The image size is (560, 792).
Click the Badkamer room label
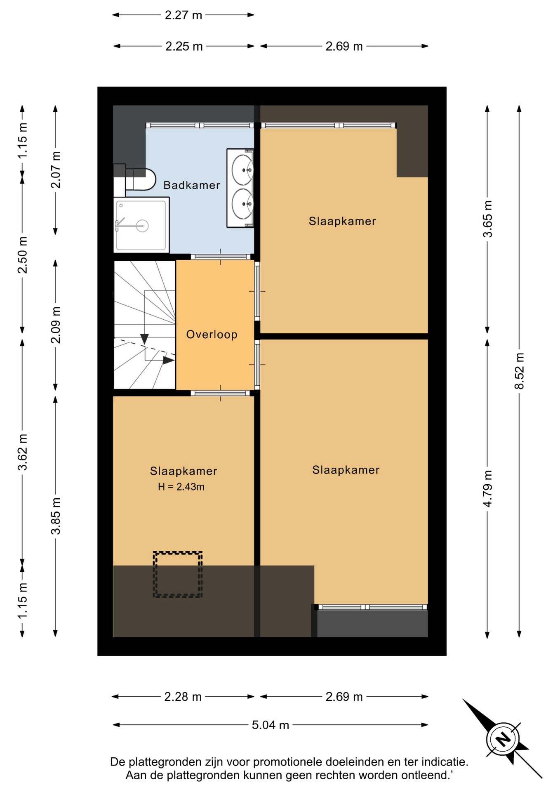pos(192,185)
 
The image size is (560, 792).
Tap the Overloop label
pos(212,335)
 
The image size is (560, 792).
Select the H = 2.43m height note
pos(181,487)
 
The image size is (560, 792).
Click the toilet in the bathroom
pos(140,179)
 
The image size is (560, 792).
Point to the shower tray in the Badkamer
pos(141,225)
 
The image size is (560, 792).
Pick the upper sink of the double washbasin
pos(242,170)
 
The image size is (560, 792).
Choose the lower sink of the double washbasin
pos(242,204)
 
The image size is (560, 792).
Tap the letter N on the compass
pos(503,739)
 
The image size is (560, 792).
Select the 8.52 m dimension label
pos(519,371)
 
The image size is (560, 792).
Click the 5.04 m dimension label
pos(271,725)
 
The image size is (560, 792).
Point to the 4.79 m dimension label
pos(487,489)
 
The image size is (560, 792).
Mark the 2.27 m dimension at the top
pos(184,15)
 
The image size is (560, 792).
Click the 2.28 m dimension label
pos(183,697)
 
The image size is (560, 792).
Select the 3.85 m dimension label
pos(56,516)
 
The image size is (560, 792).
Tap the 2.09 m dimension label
pos(56,325)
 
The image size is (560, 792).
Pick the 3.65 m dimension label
pos(487,219)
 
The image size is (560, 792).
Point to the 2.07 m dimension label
pos(56,170)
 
